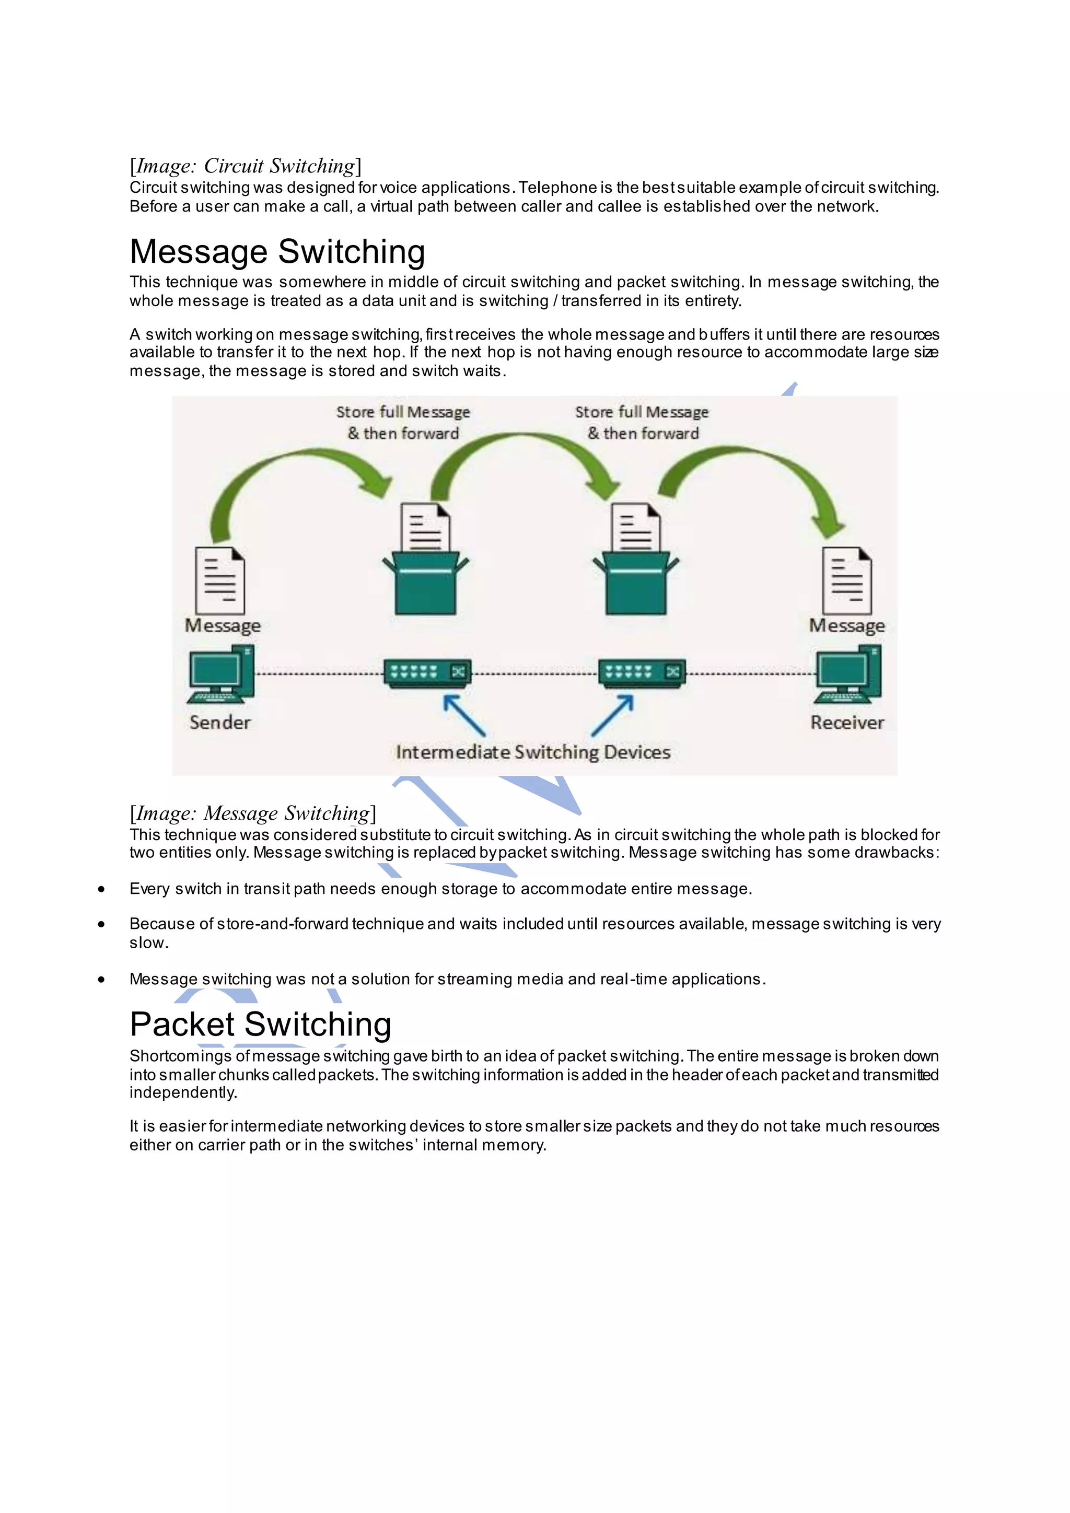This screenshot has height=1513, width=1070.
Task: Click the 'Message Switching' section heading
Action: coord(277,252)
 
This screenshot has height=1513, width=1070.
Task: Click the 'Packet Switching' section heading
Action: coord(260,1024)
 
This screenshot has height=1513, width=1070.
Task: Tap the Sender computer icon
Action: coord(220,674)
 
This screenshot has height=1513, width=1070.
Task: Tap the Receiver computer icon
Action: coord(848,674)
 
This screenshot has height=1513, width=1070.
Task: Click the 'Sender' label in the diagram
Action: coord(220,722)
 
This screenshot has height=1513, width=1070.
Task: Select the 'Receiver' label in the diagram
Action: coord(847,722)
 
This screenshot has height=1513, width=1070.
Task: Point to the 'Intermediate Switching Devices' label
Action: coord(533,752)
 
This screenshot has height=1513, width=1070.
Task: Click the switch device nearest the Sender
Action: coord(427,673)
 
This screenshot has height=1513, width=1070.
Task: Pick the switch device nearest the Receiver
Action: coord(642,673)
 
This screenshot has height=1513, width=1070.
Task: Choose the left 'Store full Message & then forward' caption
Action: coord(403,423)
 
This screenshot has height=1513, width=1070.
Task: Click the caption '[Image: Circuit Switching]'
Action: coord(245,166)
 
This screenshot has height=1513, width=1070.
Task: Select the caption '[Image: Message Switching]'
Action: coord(253,813)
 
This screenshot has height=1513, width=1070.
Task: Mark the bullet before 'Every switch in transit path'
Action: coord(101,889)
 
